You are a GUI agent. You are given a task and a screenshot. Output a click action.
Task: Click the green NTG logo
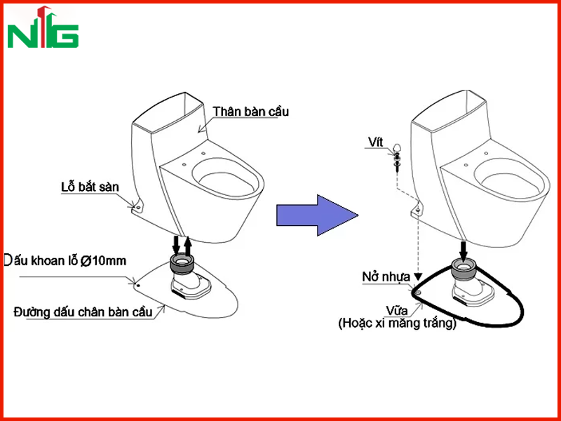(x=43, y=27)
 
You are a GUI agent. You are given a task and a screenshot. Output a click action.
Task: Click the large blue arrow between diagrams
(x=317, y=215)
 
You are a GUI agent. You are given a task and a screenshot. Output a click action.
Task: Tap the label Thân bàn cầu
(x=251, y=112)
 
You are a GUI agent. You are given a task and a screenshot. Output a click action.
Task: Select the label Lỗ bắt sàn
(x=90, y=187)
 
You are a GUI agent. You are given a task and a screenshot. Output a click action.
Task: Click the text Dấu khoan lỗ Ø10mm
(x=65, y=260)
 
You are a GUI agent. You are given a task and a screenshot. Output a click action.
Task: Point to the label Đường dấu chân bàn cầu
(x=83, y=312)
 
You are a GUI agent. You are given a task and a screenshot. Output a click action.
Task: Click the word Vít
(x=375, y=142)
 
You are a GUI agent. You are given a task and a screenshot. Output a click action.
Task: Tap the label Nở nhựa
(x=386, y=277)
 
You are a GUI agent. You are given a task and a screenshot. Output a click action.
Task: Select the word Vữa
(x=396, y=310)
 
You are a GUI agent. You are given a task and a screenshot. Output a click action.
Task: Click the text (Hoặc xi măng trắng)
(x=398, y=323)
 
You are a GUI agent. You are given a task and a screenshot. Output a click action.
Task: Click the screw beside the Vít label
(x=397, y=156)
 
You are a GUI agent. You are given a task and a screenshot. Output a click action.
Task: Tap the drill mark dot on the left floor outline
(x=138, y=286)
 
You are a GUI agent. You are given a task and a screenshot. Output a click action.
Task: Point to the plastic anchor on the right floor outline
(x=417, y=293)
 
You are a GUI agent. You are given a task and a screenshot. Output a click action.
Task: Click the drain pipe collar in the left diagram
(x=182, y=264)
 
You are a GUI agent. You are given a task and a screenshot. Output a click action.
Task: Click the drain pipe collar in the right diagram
(x=464, y=267)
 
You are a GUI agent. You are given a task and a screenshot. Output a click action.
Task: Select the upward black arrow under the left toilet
(x=187, y=246)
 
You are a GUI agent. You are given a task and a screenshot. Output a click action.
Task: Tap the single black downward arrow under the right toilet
(x=464, y=252)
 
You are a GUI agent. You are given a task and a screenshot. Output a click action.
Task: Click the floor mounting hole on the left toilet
(x=137, y=206)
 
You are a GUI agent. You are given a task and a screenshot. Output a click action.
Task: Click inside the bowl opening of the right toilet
(x=509, y=183)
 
